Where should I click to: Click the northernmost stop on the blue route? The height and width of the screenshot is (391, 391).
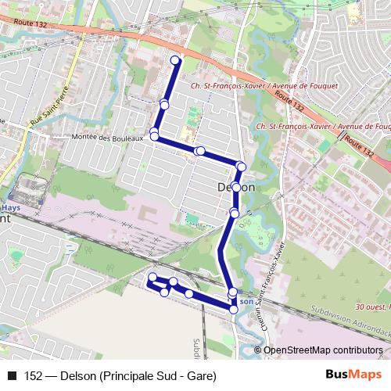click(175, 60)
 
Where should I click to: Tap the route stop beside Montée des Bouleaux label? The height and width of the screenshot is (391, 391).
click(155, 137)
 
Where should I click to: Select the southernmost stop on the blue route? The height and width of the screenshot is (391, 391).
click(234, 310)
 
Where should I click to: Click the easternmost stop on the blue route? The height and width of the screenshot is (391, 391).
click(241, 166)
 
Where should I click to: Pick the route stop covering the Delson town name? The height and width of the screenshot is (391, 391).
click(235, 188)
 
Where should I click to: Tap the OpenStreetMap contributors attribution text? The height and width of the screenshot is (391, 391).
click(323, 350)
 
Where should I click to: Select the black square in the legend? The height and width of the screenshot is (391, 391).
click(12, 375)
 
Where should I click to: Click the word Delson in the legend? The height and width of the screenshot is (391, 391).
click(77, 375)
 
